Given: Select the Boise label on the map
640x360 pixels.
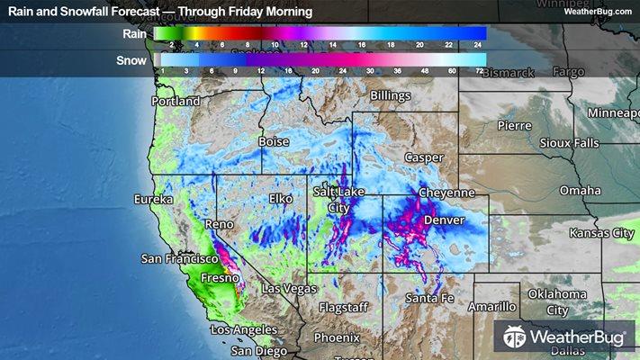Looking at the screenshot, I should coord(274,142).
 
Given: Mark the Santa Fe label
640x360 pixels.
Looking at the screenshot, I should coord(428,298).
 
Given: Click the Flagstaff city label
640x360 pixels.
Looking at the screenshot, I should coord(342,307).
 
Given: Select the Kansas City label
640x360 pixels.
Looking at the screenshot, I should coord(601,233).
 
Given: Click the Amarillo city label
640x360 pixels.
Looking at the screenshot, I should coord(491,307).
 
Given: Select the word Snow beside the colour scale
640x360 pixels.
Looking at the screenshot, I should coord(133,61).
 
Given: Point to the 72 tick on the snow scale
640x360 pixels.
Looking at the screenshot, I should coord(480,69).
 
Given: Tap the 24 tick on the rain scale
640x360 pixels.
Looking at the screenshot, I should coord(480,43).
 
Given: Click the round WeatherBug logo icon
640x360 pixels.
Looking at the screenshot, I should coord(515,337).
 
